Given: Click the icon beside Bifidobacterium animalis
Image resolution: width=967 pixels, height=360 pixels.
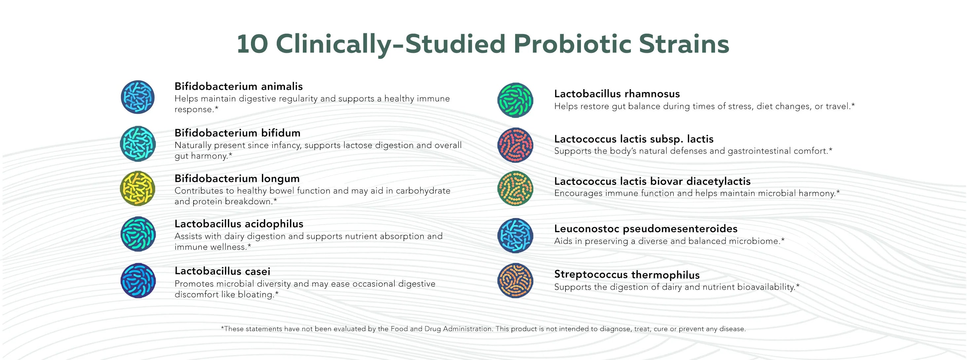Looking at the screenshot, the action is tap(138, 97).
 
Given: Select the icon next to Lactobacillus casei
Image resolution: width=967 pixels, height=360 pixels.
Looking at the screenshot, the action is tap(138, 280).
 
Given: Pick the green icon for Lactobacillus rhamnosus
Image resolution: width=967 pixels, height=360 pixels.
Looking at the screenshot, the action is tap(515, 100).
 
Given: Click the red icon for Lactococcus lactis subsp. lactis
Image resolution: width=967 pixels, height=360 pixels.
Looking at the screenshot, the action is tap(515, 145).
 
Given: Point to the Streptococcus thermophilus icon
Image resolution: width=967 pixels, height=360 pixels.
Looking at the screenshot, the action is tap(515, 280).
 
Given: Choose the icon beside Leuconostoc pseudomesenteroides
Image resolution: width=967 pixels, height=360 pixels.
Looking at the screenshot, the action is tap(515, 236).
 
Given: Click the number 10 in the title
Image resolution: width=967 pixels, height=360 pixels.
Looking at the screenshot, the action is tap(252, 44).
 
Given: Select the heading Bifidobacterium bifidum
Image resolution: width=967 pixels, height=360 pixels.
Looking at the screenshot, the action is tap(237, 133).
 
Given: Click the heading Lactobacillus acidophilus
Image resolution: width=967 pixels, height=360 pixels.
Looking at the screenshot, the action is tap(239, 224).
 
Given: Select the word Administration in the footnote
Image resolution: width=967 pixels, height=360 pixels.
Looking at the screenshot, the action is tap(467, 329).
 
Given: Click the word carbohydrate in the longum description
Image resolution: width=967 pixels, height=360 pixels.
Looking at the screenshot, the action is tap(423, 191).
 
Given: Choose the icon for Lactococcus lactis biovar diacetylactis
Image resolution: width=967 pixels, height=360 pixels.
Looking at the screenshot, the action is tap(515, 189).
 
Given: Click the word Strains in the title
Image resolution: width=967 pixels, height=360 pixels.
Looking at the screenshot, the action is tap(684, 44).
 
